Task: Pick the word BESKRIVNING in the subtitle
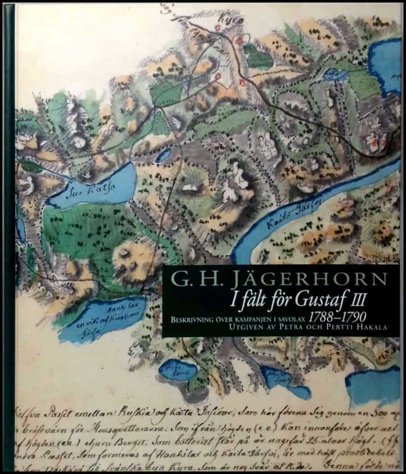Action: click(190, 319)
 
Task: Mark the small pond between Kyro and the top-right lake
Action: click(334, 75)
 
